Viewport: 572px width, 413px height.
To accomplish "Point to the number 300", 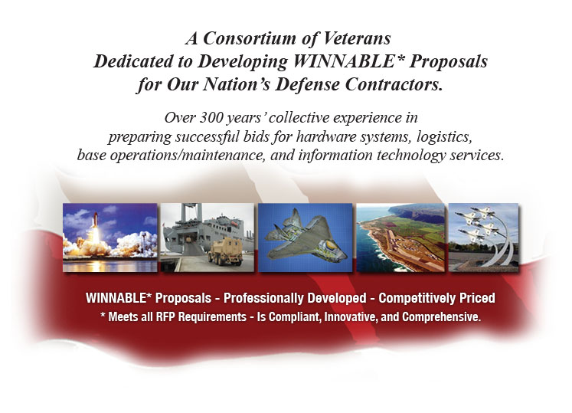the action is [x=211, y=117].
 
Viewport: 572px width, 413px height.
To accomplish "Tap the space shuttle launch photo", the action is [x=110, y=238].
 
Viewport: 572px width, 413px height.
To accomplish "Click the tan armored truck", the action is [x=225, y=251].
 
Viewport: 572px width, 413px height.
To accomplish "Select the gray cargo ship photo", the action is [x=208, y=238].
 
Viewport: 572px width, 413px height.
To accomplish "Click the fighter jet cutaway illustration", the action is [x=306, y=238].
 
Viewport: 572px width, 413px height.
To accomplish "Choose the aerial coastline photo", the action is [x=400, y=238].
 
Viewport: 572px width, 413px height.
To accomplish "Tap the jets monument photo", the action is [x=483, y=238].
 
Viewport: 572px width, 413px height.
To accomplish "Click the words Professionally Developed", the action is [x=295, y=298].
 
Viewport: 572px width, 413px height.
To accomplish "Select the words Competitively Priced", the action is [x=436, y=298].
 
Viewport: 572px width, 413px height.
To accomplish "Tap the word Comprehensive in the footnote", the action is [x=441, y=316].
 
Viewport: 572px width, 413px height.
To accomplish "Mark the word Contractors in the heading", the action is [x=394, y=84].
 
